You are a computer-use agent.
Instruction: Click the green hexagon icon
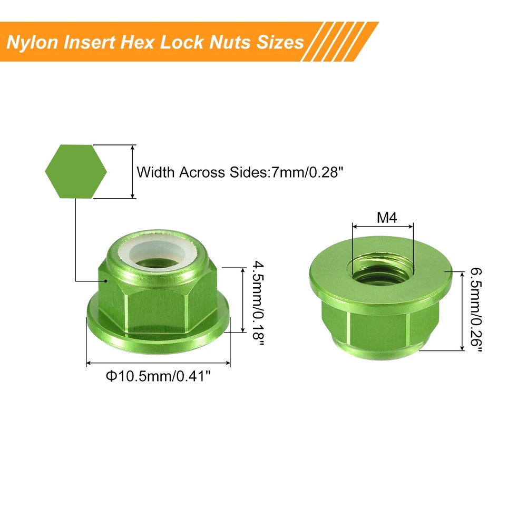(76, 172)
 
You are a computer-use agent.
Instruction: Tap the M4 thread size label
(387, 217)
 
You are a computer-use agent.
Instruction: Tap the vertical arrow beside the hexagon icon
(132, 172)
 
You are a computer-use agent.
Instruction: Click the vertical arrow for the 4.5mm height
(242, 300)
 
